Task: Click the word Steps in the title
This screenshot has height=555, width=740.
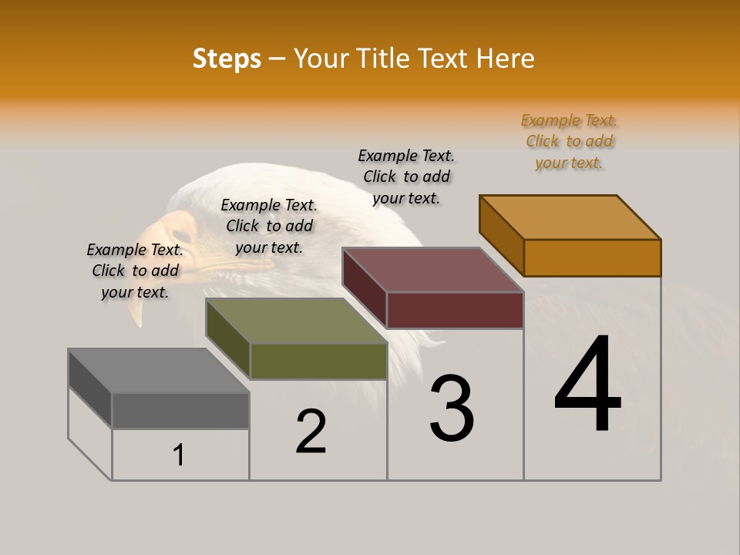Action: [x=227, y=59]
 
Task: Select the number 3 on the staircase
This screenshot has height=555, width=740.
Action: [x=452, y=409]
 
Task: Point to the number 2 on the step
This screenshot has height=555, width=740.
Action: [x=311, y=432]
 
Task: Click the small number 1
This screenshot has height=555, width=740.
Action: [x=179, y=455]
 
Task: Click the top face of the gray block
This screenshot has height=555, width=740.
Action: [x=158, y=371]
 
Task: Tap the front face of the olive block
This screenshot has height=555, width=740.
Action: [x=318, y=361]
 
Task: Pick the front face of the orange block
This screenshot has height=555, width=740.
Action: [x=592, y=257]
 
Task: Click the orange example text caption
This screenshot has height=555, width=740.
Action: [x=569, y=142]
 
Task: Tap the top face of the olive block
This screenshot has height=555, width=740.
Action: [x=296, y=321]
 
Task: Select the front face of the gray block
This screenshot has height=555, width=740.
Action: [x=180, y=410]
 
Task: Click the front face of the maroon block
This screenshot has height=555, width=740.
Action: [x=455, y=310]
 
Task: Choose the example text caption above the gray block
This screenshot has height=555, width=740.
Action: [x=135, y=271]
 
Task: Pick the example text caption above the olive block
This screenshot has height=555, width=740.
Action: [x=269, y=226]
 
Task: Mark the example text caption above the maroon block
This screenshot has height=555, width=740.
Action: [x=406, y=177]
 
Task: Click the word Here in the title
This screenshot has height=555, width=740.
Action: [x=506, y=59]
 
